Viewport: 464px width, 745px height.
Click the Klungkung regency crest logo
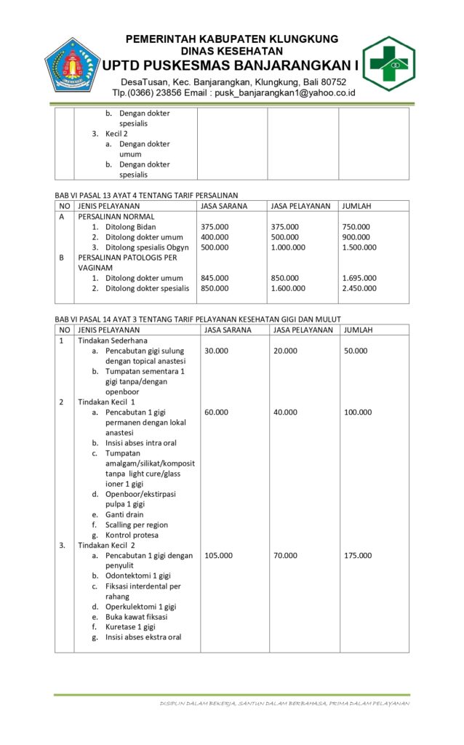(72, 64)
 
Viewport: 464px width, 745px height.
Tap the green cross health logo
(389, 63)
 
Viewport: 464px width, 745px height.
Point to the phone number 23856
(174, 94)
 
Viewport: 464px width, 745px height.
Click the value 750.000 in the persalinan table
(356, 227)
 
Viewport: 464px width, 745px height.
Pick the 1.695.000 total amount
(359, 278)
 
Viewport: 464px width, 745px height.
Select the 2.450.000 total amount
(359, 288)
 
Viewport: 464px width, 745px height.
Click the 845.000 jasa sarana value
(215, 278)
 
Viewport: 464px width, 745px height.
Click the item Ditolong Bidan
(130, 227)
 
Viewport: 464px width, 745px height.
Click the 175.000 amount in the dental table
(358, 555)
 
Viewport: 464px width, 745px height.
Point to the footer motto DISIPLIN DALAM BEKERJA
(196, 704)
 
